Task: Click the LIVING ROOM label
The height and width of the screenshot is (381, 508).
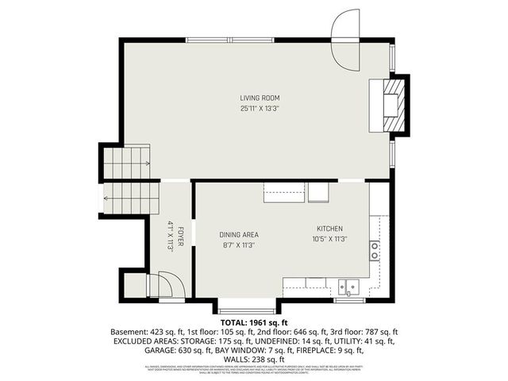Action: coord(260,98)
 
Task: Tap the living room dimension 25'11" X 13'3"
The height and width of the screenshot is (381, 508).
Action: coord(260,108)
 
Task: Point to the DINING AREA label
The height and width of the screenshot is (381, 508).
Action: coord(239,234)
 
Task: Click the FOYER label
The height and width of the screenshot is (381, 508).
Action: coord(181,237)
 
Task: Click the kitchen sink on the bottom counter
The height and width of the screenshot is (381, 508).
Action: coord(348,286)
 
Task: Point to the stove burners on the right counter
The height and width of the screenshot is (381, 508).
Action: coord(374,251)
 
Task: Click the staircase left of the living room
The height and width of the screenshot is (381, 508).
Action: coord(125,165)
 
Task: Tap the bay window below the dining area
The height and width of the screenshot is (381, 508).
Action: coord(248,308)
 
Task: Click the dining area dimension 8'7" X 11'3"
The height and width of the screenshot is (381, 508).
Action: coord(239,245)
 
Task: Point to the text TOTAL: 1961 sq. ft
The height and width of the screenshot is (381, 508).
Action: coord(254,323)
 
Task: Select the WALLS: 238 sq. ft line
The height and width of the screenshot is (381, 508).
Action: coord(254,359)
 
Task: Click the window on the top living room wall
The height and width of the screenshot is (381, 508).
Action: coord(232,40)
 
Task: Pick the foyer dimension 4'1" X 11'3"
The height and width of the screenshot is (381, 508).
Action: coord(170,237)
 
